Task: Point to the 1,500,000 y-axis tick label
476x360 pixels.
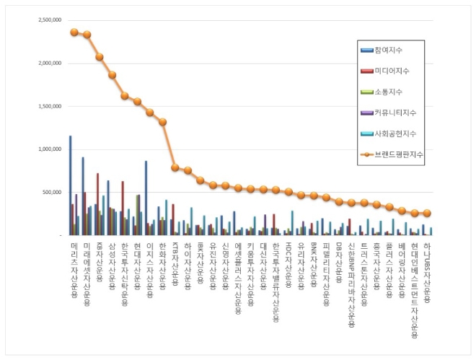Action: (x=46, y=106)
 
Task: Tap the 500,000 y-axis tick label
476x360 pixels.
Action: (x=49, y=193)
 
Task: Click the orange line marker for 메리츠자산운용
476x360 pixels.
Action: (x=74, y=32)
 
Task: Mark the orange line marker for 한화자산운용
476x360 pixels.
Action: (x=162, y=122)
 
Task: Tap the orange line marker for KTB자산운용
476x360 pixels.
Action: (x=175, y=167)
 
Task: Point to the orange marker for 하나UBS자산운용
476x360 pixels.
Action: (x=427, y=213)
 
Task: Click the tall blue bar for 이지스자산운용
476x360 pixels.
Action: (x=146, y=198)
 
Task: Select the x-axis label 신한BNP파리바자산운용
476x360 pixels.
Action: (x=351, y=285)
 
